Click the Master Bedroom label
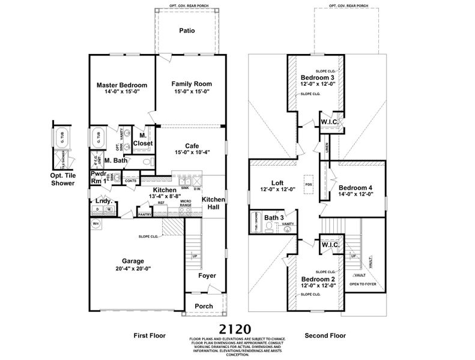coord(122,85)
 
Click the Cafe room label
coord(192,146)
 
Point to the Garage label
coord(133,261)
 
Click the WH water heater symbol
coord(95,224)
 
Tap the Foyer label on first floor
coord(208,275)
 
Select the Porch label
coord(204,306)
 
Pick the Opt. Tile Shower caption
coord(62,179)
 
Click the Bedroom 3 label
coord(318,78)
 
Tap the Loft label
coord(277,184)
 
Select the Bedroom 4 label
coord(355,187)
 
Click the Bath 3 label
coord(274,217)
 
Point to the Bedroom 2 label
coord(318,280)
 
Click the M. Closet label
coord(143,140)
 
